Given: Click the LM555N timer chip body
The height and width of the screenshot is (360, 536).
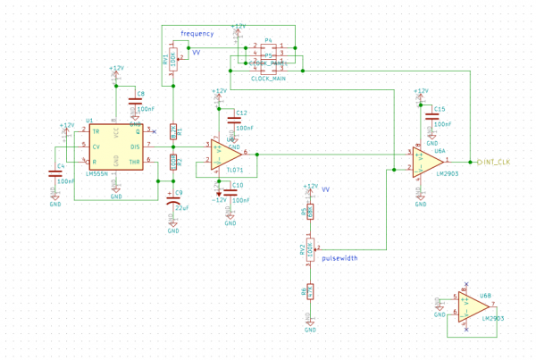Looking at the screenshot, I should [x=115, y=147].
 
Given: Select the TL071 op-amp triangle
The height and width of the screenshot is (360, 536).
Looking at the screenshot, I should [x=224, y=154].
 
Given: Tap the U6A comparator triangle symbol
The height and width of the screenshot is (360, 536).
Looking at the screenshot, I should [x=425, y=162].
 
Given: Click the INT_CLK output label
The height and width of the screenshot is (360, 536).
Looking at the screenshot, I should [x=495, y=162].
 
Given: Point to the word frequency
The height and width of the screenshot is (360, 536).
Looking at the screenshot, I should [x=197, y=34].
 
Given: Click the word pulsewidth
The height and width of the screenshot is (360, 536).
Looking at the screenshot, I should [x=339, y=258].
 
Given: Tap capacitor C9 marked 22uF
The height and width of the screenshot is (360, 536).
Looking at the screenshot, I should [x=173, y=198].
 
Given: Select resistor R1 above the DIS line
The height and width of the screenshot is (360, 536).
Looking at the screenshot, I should [x=173, y=131].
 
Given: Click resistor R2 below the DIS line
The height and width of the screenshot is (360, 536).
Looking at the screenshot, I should [x=173, y=162].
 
